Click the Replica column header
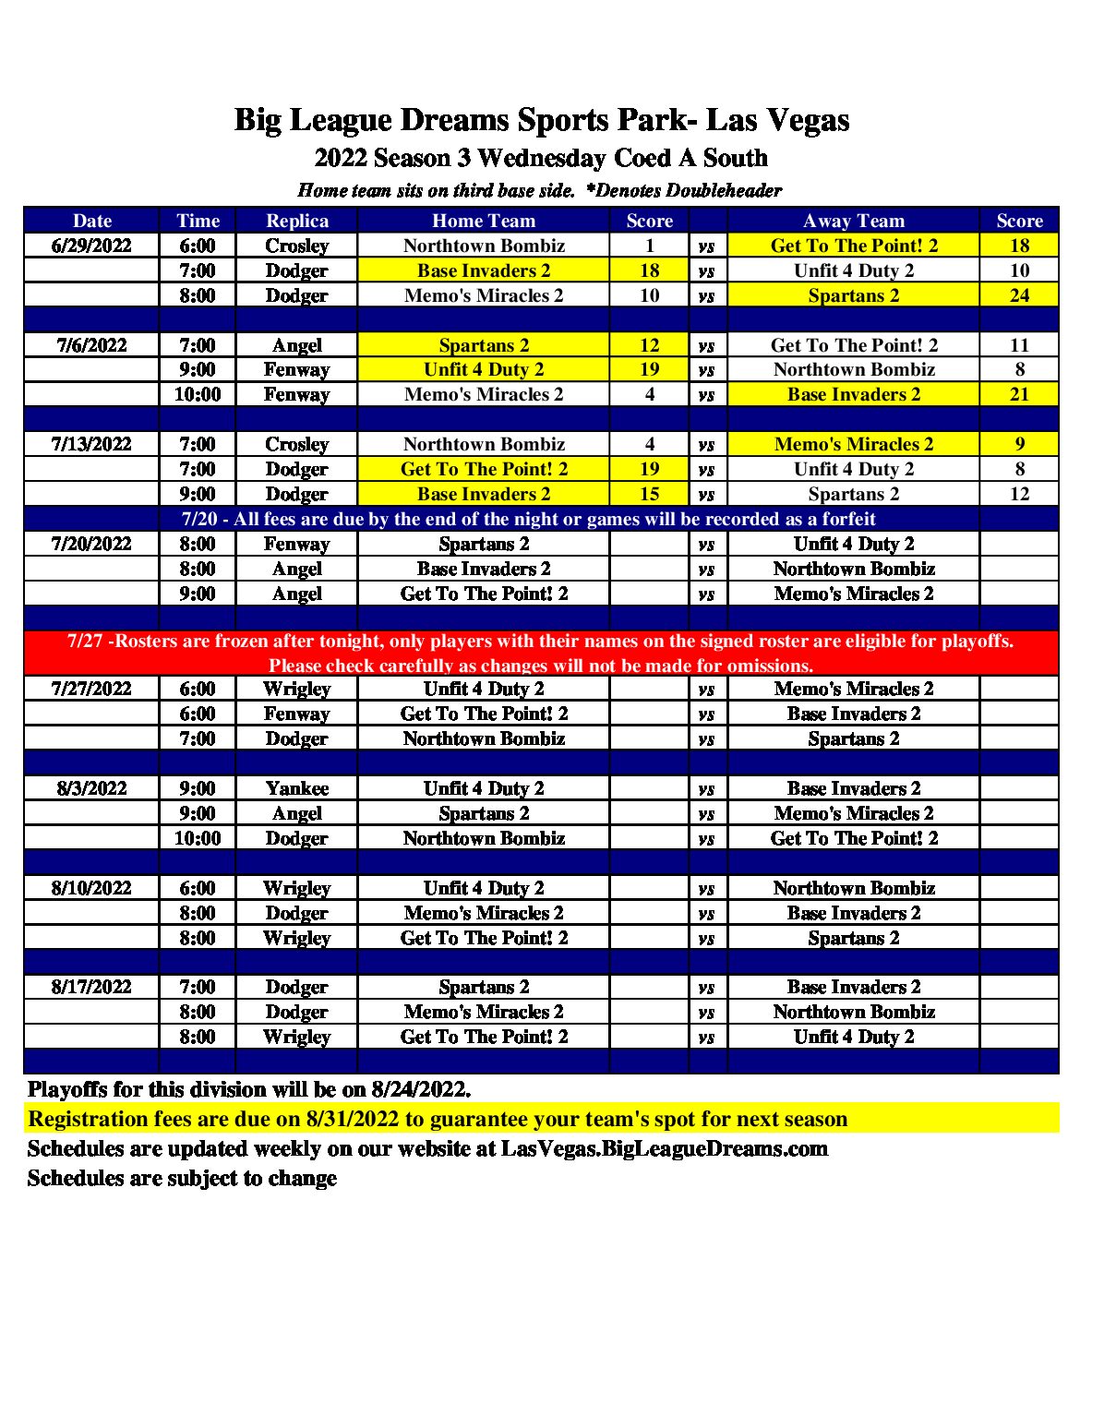(296, 221)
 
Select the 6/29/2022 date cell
(91, 246)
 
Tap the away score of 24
(1019, 295)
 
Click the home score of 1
(649, 246)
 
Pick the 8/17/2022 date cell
(91, 987)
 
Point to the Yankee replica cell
(296, 788)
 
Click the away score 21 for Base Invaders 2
(1019, 394)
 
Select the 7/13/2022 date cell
(91, 444)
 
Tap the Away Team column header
(853, 221)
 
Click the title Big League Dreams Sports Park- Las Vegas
(542, 120)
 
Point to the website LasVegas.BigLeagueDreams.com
(664, 1148)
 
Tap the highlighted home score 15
(649, 494)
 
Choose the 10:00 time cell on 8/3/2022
(198, 838)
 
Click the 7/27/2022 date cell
(91, 689)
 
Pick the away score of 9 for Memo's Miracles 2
(1019, 444)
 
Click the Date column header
(91, 221)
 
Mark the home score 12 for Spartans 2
(649, 345)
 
